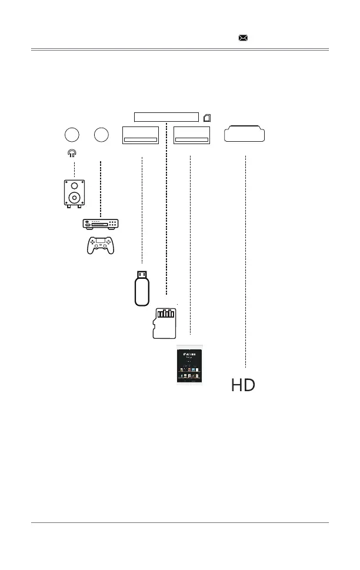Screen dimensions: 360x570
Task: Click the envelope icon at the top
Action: (x=243, y=37)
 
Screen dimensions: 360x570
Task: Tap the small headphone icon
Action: (x=72, y=153)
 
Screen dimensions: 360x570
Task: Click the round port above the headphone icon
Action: (x=72, y=135)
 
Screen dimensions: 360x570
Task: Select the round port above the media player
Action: (x=101, y=135)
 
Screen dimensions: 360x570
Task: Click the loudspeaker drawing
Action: (x=74, y=194)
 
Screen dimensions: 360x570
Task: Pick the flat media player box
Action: (x=101, y=224)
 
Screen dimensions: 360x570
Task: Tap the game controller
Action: (x=101, y=244)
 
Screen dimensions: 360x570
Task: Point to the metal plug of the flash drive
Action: (x=141, y=274)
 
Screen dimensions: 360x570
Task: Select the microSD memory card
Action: (x=165, y=323)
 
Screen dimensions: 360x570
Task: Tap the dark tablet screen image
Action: (x=189, y=366)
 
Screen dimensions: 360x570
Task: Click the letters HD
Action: (x=243, y=385)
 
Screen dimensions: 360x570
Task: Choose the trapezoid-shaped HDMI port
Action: (x=245, y=134)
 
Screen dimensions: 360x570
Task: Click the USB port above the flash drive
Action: (x=141, y=135)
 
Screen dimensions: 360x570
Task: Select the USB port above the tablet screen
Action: (x=193, y=135)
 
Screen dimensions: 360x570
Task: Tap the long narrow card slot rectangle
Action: (x=166, y=116)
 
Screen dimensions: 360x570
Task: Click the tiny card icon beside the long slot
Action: (x=207, y=117)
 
